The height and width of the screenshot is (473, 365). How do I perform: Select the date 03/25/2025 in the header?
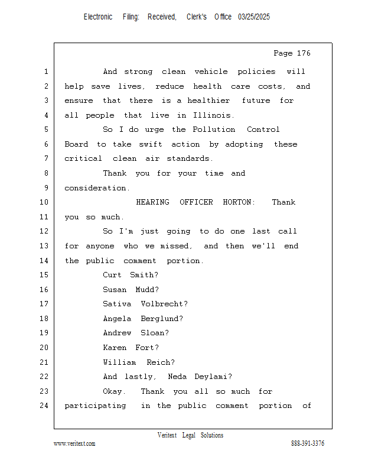click(x=254, y=17)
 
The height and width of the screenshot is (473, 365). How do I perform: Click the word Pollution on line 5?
click(x=214, y=129)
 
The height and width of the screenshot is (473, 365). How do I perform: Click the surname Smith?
click(x=144, y=275)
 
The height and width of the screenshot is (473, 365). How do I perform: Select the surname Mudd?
click(x=147, y=290)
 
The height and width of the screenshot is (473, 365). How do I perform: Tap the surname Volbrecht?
click(x=164, y=304)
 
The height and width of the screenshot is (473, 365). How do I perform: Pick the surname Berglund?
click(x=162, y=319)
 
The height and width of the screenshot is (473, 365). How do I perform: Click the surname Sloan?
click(x=155, y=333)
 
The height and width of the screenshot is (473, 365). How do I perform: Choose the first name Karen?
click(x=115, y=348)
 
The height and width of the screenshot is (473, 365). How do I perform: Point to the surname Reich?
click(x=160, y=362)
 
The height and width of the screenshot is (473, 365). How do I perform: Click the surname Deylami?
click(x=213, y=377)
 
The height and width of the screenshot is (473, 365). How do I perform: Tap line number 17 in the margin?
click(x=44, y=304)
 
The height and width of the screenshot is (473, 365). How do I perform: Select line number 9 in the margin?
click(x=46, y=188)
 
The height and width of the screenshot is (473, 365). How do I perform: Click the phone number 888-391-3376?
click(x=308, y=443)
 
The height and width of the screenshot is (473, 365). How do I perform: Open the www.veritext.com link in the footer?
click(x=74, y=443)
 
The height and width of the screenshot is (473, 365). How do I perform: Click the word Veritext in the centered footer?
click(x=167, y=435)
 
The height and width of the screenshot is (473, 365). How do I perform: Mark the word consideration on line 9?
click(x=97, y=188)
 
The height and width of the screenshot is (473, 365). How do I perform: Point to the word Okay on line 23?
click(x=114, y=391)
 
